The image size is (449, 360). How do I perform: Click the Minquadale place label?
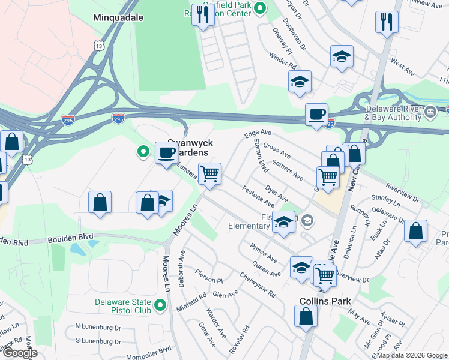coord(117,17)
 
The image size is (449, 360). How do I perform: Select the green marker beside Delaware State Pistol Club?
coord(160,306)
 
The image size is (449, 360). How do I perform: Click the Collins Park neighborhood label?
coord(325,301)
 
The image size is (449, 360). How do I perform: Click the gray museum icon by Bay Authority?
coord(430,112)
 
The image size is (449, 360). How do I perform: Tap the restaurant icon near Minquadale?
coord(203,16)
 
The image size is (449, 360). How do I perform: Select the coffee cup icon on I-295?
coord(316,113)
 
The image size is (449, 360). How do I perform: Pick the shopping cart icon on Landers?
coord(209,174)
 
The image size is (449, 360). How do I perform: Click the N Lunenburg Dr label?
coord(98,327)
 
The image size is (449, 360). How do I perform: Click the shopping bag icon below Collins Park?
coord(306,316)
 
